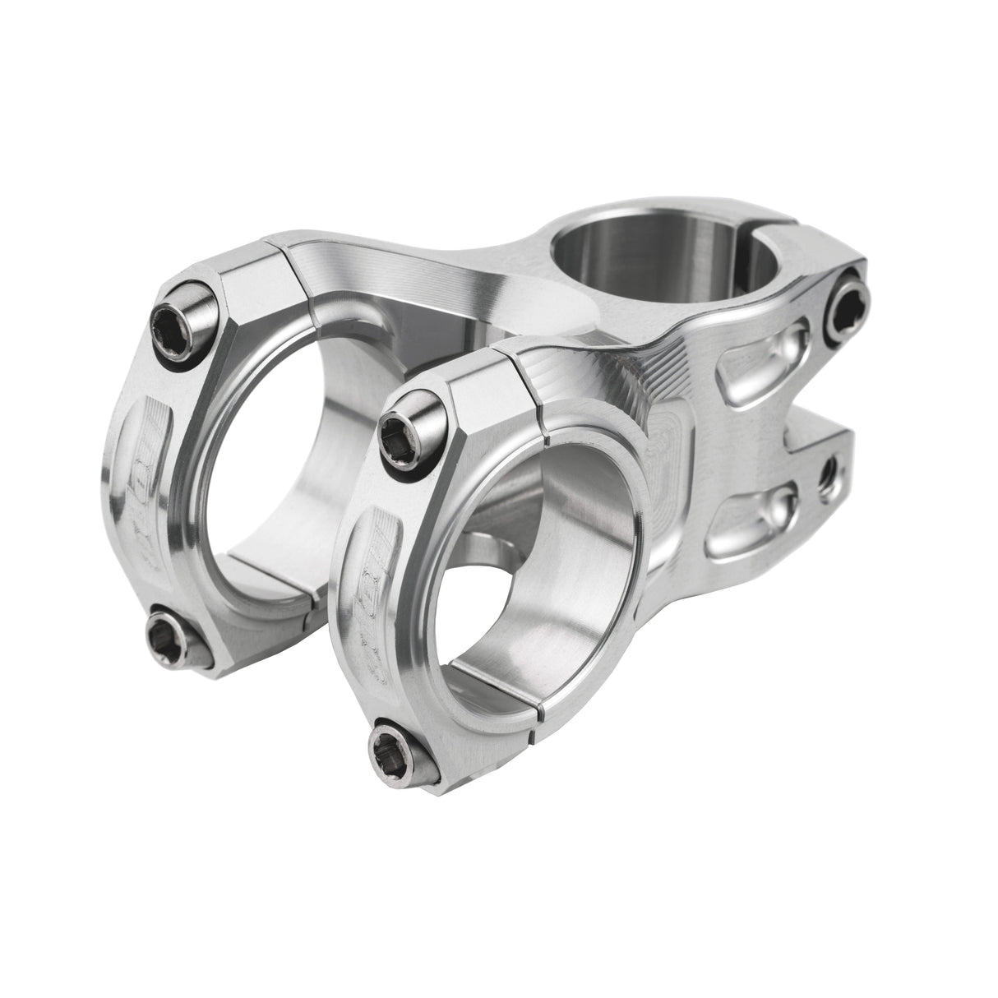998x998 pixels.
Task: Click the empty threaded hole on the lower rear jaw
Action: pyautogui.click(x=831, y=470)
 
